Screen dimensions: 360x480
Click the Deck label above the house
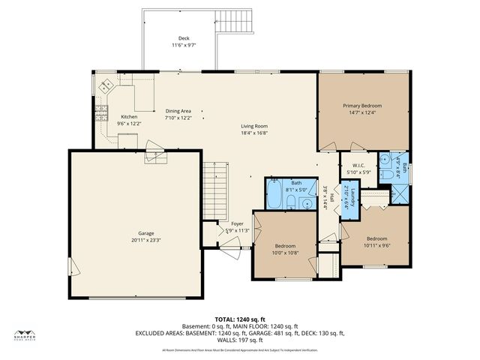pyautogui.click(x=184, y=37)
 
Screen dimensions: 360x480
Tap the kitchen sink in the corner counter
pyautogui.click(x=106, y=84)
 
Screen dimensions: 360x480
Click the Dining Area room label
pyautogui.click(x=178, y=110)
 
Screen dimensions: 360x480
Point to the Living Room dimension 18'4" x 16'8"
pyautogui.click(x=254, y=133)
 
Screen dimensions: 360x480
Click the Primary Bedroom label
pyautogui.click(x=362, y=106)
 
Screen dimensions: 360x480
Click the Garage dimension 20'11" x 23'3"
pyautogui.click(x=135, y=239)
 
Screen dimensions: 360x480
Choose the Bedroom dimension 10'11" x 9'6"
pyautogui.click(x=376, y=245)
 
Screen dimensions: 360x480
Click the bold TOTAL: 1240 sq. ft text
pyautogui.click(x=239, y=319)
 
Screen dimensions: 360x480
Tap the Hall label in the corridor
pyautogui.click(x=331, y=199)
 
